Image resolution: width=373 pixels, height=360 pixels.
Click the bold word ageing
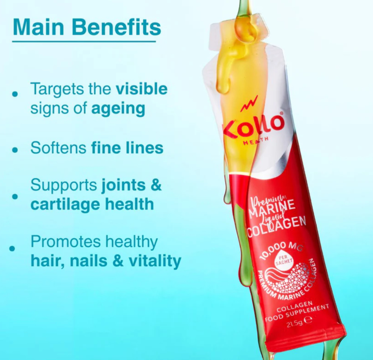(118, 109)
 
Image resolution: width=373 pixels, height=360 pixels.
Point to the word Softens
(58, 148)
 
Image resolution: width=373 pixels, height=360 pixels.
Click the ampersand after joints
(156, 185)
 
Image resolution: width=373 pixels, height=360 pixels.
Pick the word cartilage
(66, 205)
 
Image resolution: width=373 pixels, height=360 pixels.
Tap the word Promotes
(66, 242)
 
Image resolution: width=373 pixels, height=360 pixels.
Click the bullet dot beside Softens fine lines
(15, 150)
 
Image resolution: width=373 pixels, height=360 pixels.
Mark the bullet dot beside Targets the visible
(15, 94)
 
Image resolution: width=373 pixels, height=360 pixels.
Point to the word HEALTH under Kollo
(255, 141)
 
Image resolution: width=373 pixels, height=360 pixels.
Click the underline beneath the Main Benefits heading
(84, 41)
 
